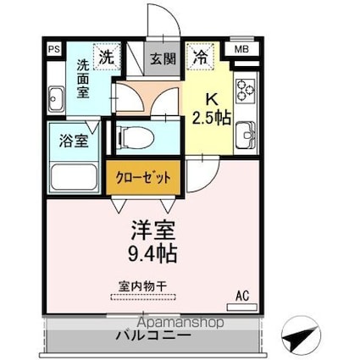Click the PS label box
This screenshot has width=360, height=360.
[x=53, y=50]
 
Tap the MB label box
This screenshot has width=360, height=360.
[x=242, y=50]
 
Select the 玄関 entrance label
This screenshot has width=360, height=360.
[x=163, y=59]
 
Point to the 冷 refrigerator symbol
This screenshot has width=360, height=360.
[x=201, y=58]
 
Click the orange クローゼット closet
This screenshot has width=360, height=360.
[x=143, y=178]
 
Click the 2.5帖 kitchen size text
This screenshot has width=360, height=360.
[x=211, y=118]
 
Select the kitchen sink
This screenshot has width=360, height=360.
[x=246, y=134]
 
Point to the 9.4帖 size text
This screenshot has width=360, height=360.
[x=152, y=252]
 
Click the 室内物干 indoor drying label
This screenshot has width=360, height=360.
[x=141, y=286]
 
